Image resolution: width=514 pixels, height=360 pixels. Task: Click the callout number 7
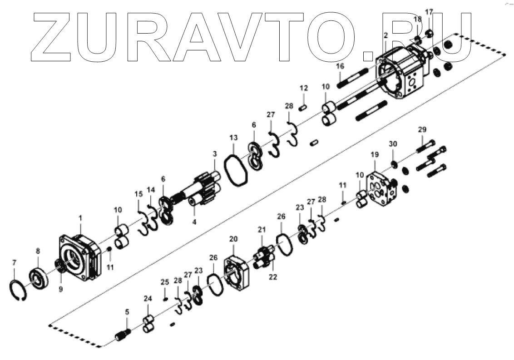(14, 262)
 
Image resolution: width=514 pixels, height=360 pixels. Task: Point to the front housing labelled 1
(80, 257)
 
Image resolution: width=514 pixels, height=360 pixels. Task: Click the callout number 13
(233, 138)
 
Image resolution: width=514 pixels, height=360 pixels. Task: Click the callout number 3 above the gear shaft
(215, 154)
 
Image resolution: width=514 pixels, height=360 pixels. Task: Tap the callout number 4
(194, 222)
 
